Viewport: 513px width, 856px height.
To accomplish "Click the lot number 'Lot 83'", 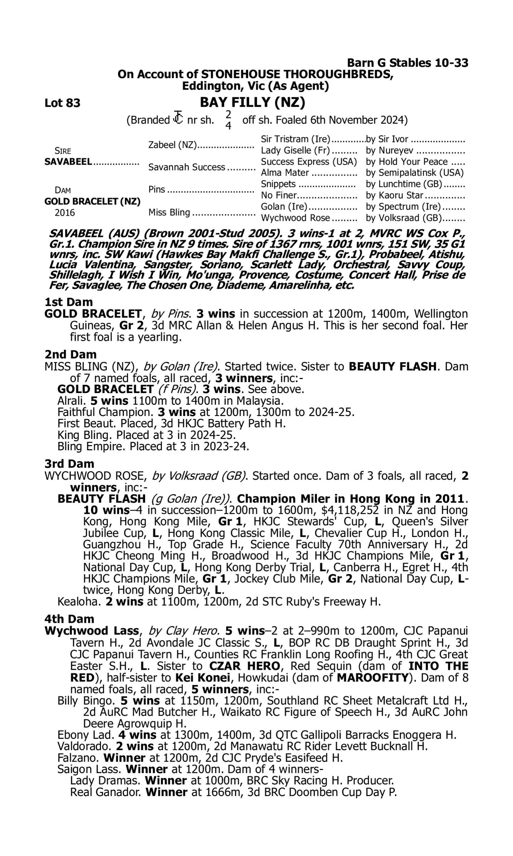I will coord(62,103).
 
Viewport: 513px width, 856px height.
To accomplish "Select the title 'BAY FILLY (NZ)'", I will coord(252,102).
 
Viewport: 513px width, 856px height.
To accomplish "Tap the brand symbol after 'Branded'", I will coord(178,118).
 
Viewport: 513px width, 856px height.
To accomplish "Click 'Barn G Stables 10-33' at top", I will coord(408,63).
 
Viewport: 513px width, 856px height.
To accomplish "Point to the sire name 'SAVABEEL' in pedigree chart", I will coord(68,162).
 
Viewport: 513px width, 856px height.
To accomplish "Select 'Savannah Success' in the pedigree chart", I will coord(187,167).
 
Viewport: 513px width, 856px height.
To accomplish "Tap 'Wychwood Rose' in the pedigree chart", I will coord(295,218).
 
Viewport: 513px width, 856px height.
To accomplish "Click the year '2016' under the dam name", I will coord(65,213).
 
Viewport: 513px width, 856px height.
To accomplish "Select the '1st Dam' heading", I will coord(69,302).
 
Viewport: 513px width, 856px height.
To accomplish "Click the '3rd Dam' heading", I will coord(69,464).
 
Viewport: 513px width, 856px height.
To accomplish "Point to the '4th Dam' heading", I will coord(69,619).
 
